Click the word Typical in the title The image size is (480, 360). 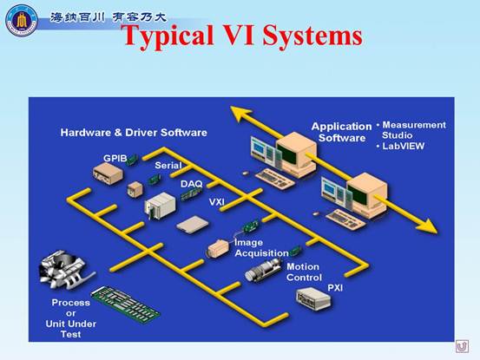point(169,36)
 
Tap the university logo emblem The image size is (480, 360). point(22,20)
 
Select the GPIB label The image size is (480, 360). point(115,158)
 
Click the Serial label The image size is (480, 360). point(168,166)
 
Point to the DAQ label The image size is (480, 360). point(192,184)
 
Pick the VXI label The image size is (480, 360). point(217,202)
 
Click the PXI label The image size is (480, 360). point(335,288)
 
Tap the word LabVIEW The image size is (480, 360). point(403,146)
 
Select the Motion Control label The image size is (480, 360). point(304,272)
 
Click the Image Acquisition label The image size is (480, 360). point(261,248)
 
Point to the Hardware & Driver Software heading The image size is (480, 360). point(134,133)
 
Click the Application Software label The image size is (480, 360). point(342,132)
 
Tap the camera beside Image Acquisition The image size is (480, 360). point(218,248)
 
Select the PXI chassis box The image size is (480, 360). point(313,298)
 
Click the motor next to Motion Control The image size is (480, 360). point(263,270)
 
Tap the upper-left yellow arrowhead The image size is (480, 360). point(241,114)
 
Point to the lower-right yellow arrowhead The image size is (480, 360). point(427,226)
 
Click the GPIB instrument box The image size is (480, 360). point(108,173)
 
